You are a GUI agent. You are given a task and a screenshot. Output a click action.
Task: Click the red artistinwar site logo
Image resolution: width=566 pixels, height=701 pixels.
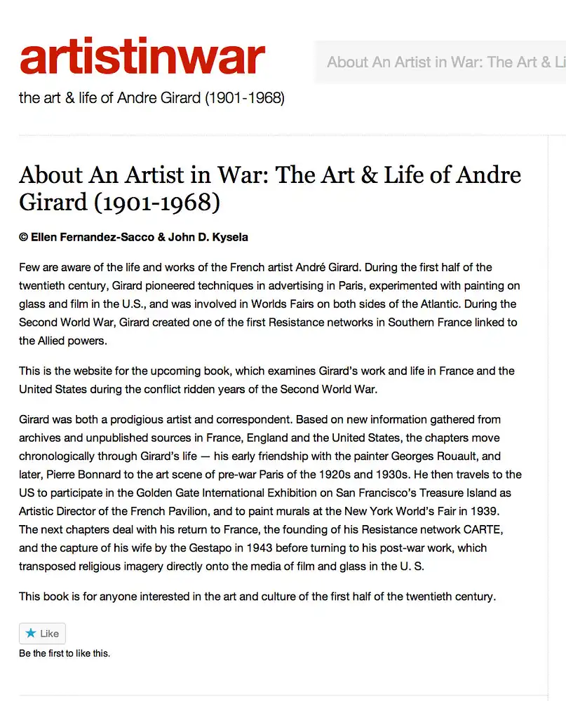pos(142,57)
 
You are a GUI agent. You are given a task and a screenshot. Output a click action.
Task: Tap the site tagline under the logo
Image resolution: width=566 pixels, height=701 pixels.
pos(151,98)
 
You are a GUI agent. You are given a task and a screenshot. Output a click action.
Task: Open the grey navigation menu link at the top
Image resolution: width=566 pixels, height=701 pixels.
pos(446,62)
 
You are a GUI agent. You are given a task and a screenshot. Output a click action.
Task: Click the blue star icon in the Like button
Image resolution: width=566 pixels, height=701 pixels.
pos(30,633)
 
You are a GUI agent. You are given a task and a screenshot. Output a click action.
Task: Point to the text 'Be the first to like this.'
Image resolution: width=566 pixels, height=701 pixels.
pos(65,653)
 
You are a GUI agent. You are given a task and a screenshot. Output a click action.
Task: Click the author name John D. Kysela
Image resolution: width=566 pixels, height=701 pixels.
pos(208,237)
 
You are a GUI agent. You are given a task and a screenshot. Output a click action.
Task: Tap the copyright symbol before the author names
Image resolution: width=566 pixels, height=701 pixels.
pos(23,237)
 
